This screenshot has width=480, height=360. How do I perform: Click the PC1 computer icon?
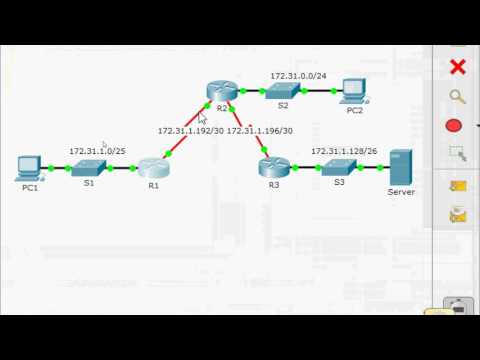tap(28, 166)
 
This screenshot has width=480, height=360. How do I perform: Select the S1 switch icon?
tap(88, 167)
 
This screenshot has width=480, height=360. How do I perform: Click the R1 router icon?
tap(154, 167)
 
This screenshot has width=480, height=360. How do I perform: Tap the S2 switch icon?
tap(282, 91)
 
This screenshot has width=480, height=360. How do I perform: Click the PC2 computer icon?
tap(353, 90)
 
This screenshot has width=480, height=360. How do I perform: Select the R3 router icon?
tap(273, 167)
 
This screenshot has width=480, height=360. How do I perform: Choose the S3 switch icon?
tap(339, 167)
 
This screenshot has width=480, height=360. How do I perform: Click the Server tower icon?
tap(401, 165)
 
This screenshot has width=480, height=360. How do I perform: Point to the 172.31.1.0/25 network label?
tap(97, 151)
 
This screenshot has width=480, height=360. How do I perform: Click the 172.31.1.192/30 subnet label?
tap(190, 130)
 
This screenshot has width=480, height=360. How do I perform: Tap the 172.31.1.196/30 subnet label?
tap(260, 130)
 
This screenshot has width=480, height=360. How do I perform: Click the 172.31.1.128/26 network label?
tap(344, 151)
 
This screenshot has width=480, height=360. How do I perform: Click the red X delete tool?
tap(458, 67)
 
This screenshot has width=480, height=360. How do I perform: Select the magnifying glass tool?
tap(458, 97)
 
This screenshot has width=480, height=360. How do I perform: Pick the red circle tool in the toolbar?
tap(453, 126)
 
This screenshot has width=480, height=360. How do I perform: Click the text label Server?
tap(401, 192)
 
